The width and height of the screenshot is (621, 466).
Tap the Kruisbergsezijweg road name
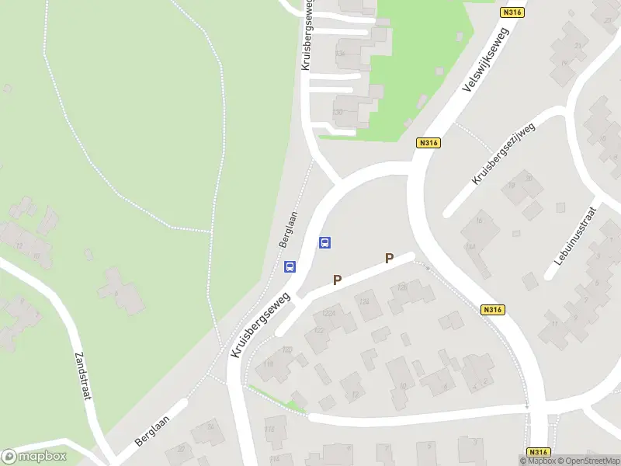[504, 153]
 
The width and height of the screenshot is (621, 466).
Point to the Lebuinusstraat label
[574, 242]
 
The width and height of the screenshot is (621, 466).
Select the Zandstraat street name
[83, 375]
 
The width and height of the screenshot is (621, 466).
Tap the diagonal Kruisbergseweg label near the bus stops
[259, 325]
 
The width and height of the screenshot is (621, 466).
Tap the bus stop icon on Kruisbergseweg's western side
[290, 267]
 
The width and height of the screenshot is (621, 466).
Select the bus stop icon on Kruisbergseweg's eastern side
[325, 243]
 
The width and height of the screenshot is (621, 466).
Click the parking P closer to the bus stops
[338, 280]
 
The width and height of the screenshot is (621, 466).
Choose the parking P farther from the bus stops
[390, 259]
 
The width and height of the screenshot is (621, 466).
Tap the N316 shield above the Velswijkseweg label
[512, 12]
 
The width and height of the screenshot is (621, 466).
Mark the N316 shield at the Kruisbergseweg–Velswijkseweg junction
[428, 143]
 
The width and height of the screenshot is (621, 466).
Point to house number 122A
[329, 313]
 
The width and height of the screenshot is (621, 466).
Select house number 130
[338, 113]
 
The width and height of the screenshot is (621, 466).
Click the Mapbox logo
[33, 456]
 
